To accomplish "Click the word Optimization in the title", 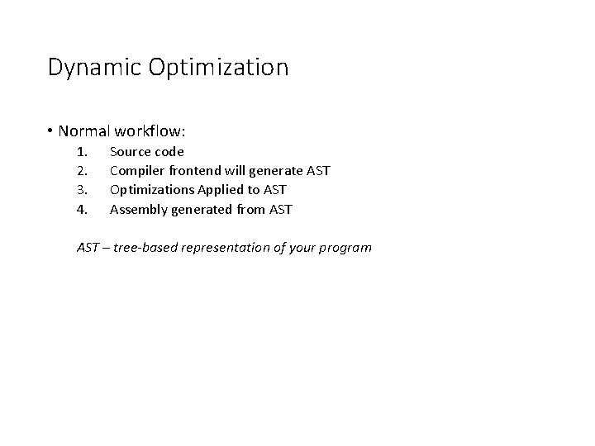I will (x=219, y=68).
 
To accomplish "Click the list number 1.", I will (x=81, y=152).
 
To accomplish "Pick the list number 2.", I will (x=81, y=171).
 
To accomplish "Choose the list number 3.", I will (x=81, y=190).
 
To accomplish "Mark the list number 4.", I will (x=81, y=209).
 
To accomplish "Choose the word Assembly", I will (x=138, y=209).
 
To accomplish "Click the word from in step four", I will (x=249, y=209).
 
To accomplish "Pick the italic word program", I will (x=345, y=248).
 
